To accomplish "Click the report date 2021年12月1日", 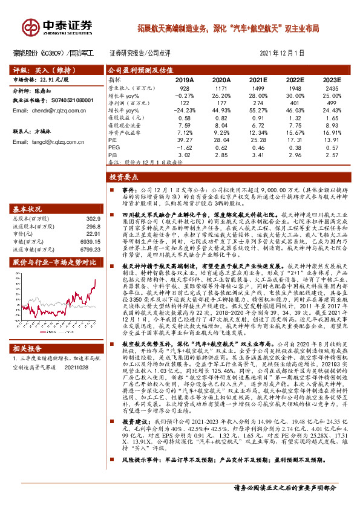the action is click(x=282, y=53).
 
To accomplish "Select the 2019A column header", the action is click(x=184, y=80).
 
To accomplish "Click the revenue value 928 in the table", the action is click(x=185, y=88).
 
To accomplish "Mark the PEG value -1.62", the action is click(x=185, y=146).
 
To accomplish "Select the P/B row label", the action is click(x=113, y=154).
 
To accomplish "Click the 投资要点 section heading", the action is click(x=123, y=179).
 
